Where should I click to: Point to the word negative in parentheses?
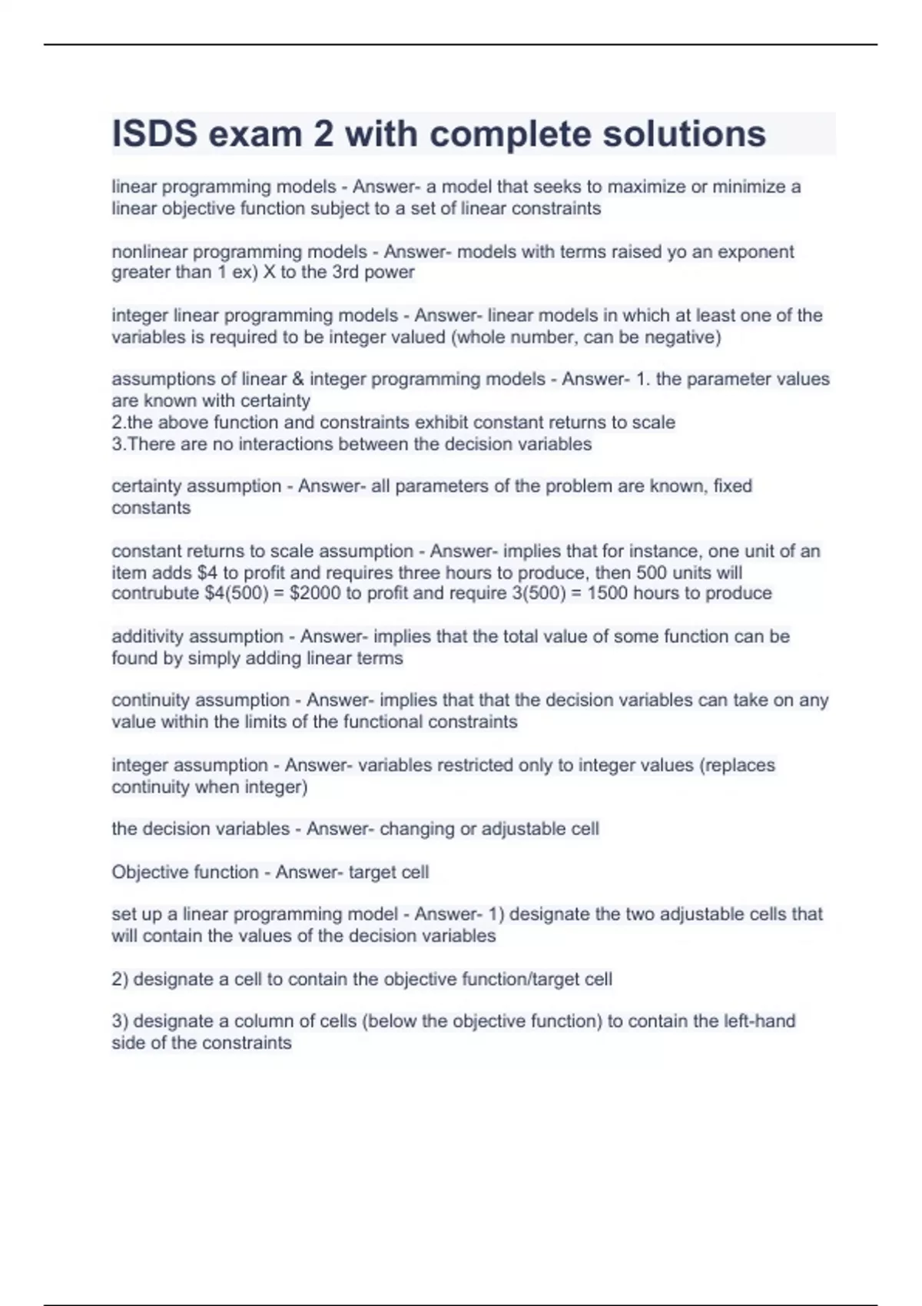pyautogui.click(x=680, y=337)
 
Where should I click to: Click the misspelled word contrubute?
pyautogui.click(x=155, y=593)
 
